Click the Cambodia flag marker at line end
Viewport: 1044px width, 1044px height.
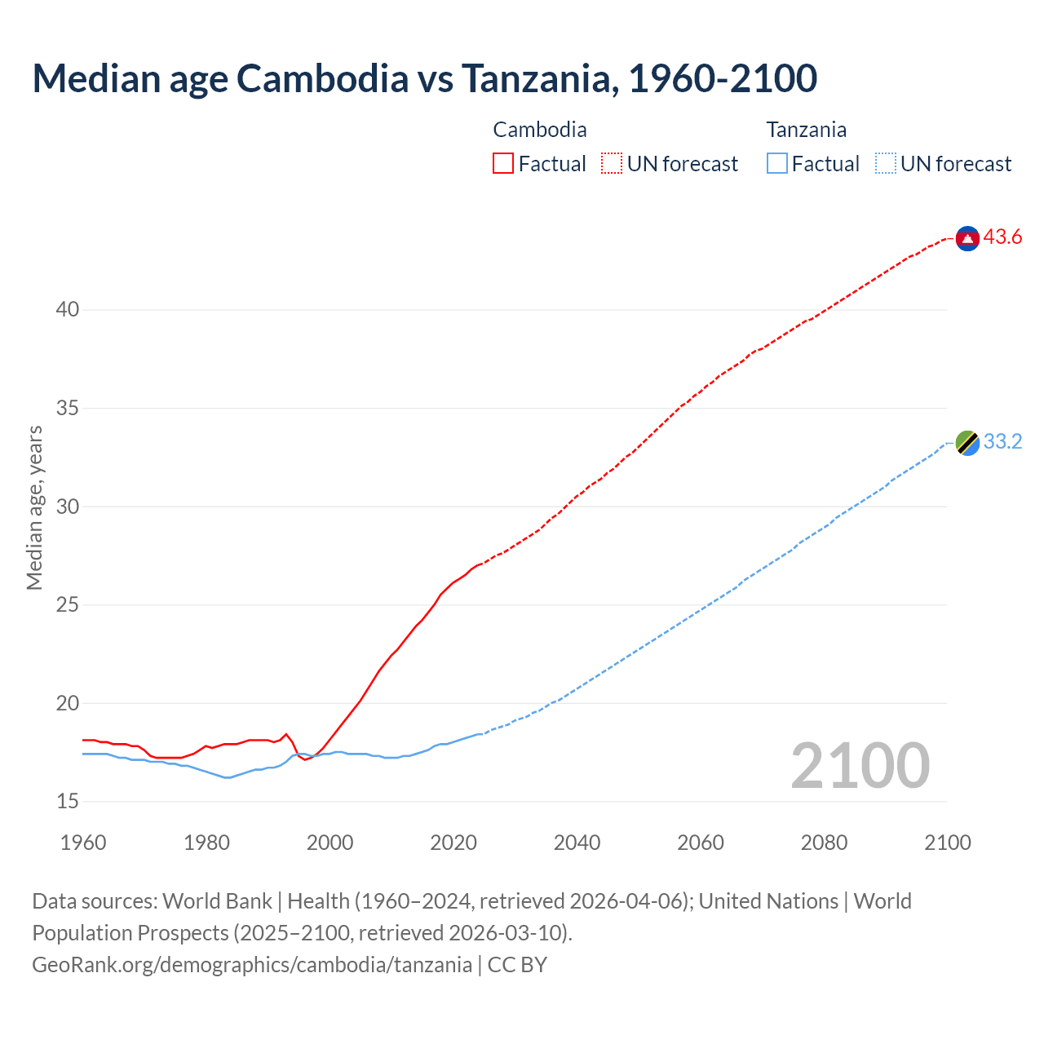(x=967, y=238)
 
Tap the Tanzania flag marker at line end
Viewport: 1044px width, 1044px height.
(x=967, y=442)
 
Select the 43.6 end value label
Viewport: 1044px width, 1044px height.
(x=1002, y=237)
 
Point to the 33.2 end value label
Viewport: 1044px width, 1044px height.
(x=1002, y=441)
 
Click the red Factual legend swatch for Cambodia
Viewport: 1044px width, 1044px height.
(x=503, y=164)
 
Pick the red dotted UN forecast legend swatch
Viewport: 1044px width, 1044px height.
(x=612, y=164)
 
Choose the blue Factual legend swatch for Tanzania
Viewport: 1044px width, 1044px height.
(x=776, y=164)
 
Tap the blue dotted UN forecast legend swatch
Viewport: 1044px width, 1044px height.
(x=885, y=164)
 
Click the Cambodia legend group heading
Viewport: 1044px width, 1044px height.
(x=540, y=130)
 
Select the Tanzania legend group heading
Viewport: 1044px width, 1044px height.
(x=806, y=130)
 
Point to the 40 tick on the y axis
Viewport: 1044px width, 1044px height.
(x=68, y=310)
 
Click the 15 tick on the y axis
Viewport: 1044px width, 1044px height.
(x=68, y=802)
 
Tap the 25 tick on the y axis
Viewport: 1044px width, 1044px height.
(x=68, y=605)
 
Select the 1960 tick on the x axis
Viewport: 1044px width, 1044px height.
(x=83, y=843)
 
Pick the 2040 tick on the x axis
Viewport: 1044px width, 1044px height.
(x=577, y=843)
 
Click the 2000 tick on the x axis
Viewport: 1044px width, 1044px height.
(x=330, y=843)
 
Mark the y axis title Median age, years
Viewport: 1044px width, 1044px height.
(x=34, y=507)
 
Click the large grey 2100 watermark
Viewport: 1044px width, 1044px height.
(x=860, y=765)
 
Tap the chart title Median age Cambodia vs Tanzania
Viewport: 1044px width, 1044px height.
(x=424, y=78)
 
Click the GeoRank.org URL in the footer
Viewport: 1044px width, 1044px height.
(x=252, y=965)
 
